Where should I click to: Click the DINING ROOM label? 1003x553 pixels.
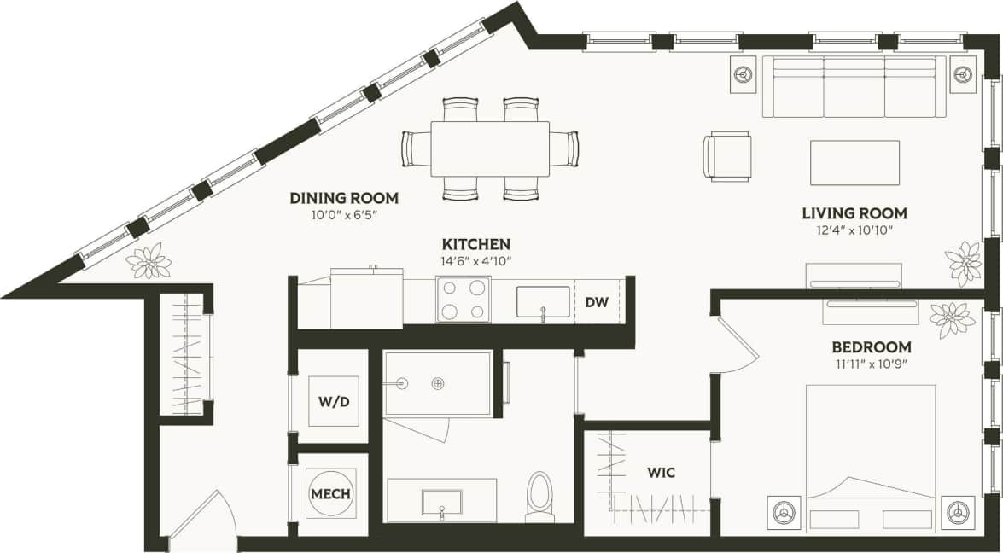tap(344, 198)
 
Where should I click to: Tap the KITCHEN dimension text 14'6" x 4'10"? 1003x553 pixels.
tap(475, 261)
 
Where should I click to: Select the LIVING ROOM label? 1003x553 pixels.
tap(854, 213)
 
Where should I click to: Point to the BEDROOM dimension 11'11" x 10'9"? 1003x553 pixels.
tap(871, 365)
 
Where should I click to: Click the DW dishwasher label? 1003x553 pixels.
tap(596, 302)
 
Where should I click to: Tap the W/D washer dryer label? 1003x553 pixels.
tap(333, 401)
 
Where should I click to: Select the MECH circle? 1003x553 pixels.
tap(331, 493)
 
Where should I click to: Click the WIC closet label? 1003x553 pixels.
tap(662, 472)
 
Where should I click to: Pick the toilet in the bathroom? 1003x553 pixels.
tap(541, 497)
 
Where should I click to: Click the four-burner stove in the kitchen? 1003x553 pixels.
tap(464, 300)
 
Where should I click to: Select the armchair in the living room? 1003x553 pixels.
tap(727, 156)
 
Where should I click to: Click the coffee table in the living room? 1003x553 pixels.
tap(854, 162)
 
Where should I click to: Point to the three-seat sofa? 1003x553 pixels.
tap(854, 87)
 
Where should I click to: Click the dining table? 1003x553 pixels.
tap(490, 149)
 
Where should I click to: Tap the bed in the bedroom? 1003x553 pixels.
tap(871, 457)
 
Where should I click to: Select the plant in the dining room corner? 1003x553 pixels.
tap(149, 261)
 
